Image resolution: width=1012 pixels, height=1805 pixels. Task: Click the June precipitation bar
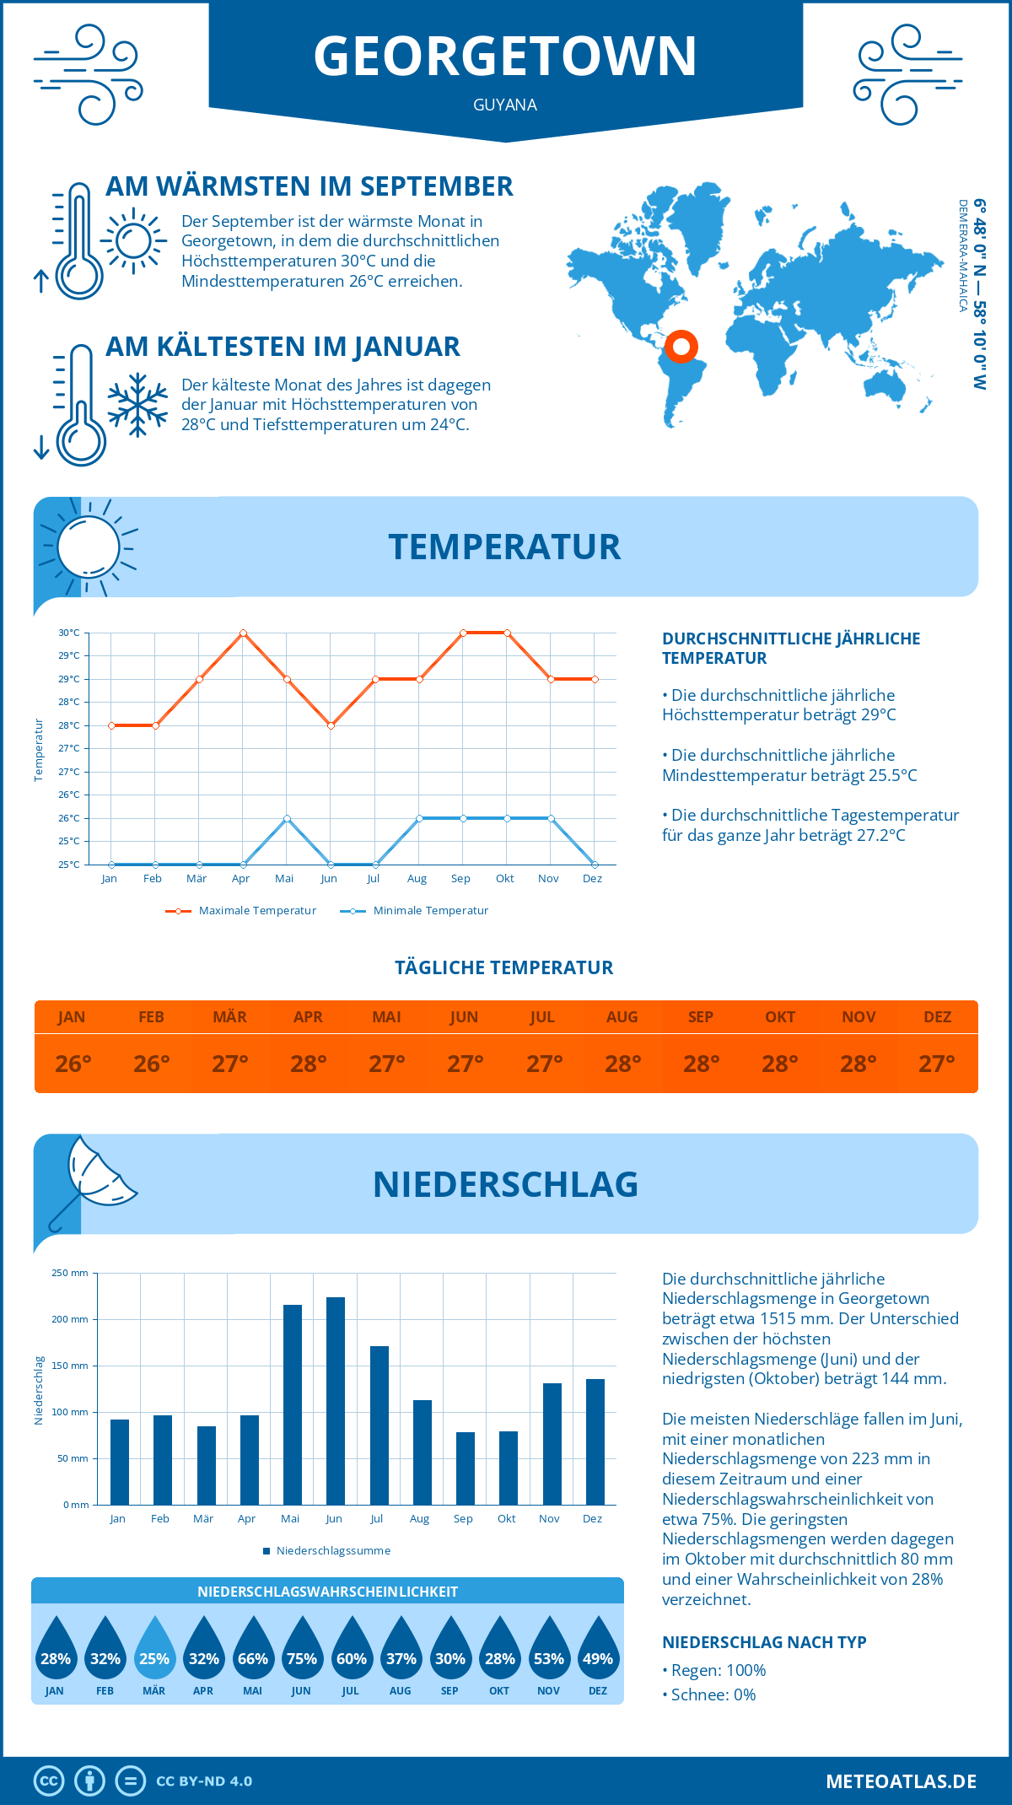(335, 1401)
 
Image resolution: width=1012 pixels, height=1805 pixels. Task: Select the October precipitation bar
(508, 1468)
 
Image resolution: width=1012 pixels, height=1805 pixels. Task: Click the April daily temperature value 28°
(309, 1064)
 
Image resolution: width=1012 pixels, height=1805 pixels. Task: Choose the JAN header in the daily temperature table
(72, 1017)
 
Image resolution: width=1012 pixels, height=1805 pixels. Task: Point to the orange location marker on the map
(681, 346)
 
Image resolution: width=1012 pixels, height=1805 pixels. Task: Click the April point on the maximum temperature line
(243, 633)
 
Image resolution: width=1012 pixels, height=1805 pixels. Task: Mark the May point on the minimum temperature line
(287, 818)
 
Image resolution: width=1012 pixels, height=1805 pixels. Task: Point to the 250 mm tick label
(70, 1273)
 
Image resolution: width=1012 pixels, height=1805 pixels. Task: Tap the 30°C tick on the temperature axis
(69, 633)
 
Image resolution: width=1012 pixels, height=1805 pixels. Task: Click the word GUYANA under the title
(505, 105)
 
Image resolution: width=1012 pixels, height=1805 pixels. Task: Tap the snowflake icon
(137, 405)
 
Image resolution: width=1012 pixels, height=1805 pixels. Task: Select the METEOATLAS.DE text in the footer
(901, 1781)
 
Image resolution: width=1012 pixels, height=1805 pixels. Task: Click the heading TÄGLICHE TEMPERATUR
(504, 967)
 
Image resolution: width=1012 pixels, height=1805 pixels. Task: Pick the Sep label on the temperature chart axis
(460, 879)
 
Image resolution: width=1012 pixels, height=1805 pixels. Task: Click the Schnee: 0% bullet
(710, 1695)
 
